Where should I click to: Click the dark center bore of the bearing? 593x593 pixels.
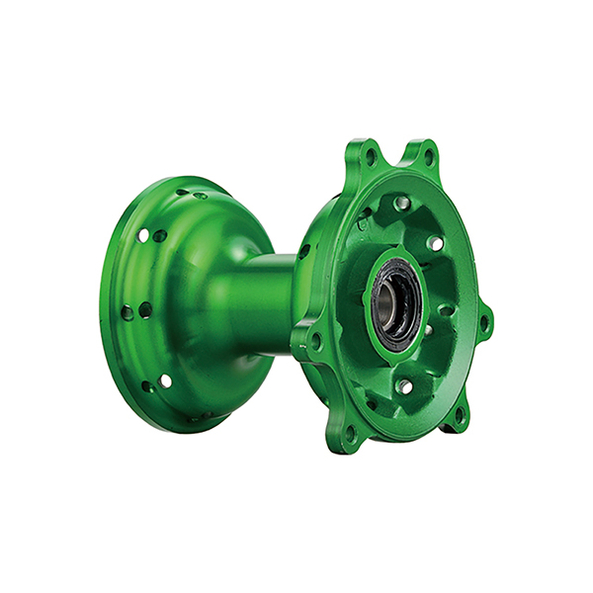[x=390, y=307]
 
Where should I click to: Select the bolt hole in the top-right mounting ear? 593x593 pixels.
[x=428, y=156]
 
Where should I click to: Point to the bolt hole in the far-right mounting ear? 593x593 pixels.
[x=484, y=321]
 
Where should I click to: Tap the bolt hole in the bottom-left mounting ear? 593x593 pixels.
[x=349, y=431]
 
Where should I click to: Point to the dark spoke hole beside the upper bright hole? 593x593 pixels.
[x=159, y=236]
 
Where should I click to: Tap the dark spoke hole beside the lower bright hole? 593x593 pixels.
[x=147, y=385]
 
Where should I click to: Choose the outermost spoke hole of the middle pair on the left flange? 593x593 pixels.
[x=127, y=312]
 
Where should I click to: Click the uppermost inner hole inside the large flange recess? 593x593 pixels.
[x=402, y=203]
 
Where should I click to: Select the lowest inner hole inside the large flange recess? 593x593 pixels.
[x=405, y=386]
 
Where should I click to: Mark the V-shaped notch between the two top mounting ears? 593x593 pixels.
[x=399, y=163]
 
